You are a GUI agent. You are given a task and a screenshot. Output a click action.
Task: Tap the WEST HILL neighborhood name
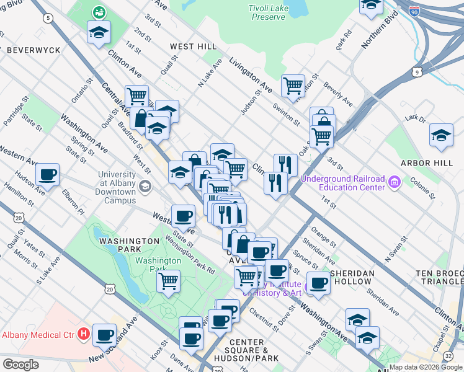tap(194, 46)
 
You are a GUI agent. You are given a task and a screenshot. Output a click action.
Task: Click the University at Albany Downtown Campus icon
tap(145, 186)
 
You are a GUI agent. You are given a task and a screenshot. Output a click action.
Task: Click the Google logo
tap(20, 364)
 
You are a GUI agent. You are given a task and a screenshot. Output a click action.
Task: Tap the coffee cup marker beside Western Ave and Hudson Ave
tap(47, 175)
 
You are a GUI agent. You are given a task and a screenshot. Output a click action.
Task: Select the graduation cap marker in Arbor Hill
tap(440, 135)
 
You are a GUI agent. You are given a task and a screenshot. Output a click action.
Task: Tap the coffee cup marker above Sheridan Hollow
tap(319, 283)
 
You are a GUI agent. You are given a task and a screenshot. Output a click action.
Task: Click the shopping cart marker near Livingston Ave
tap(293, 85)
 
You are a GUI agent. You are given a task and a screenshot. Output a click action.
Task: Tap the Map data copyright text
tap(426, 366)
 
